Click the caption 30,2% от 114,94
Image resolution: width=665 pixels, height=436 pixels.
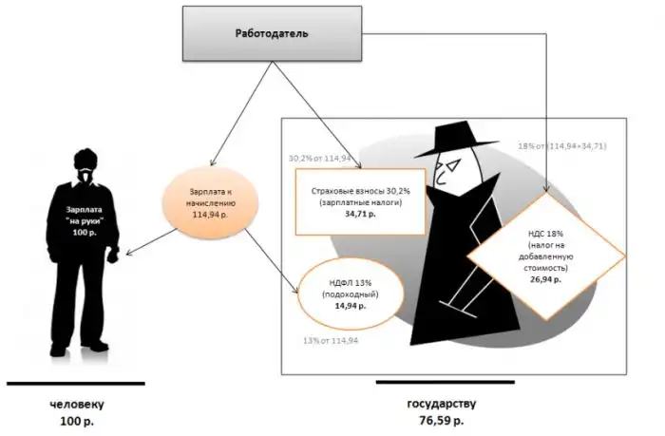point(320,157)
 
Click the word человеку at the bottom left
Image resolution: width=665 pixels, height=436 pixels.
point(77,403)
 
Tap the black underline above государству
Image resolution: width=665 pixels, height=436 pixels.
point(445,384)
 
